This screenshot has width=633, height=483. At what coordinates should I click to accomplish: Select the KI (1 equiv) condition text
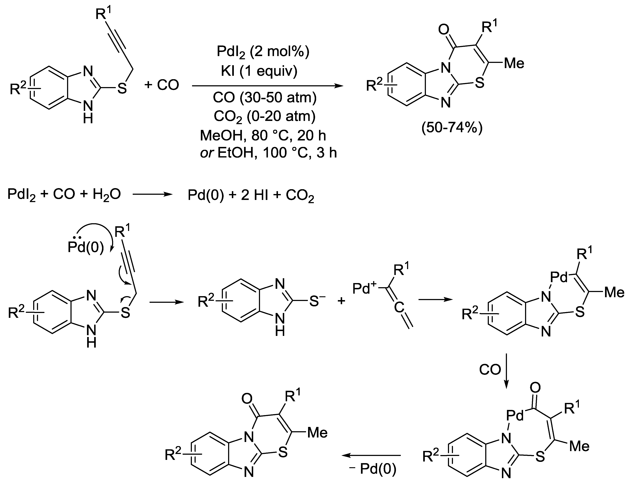click(259, 71)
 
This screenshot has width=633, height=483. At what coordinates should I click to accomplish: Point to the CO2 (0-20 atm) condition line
click(265, 116)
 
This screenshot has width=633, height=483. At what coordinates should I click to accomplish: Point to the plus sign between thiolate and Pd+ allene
click(341, 301)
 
